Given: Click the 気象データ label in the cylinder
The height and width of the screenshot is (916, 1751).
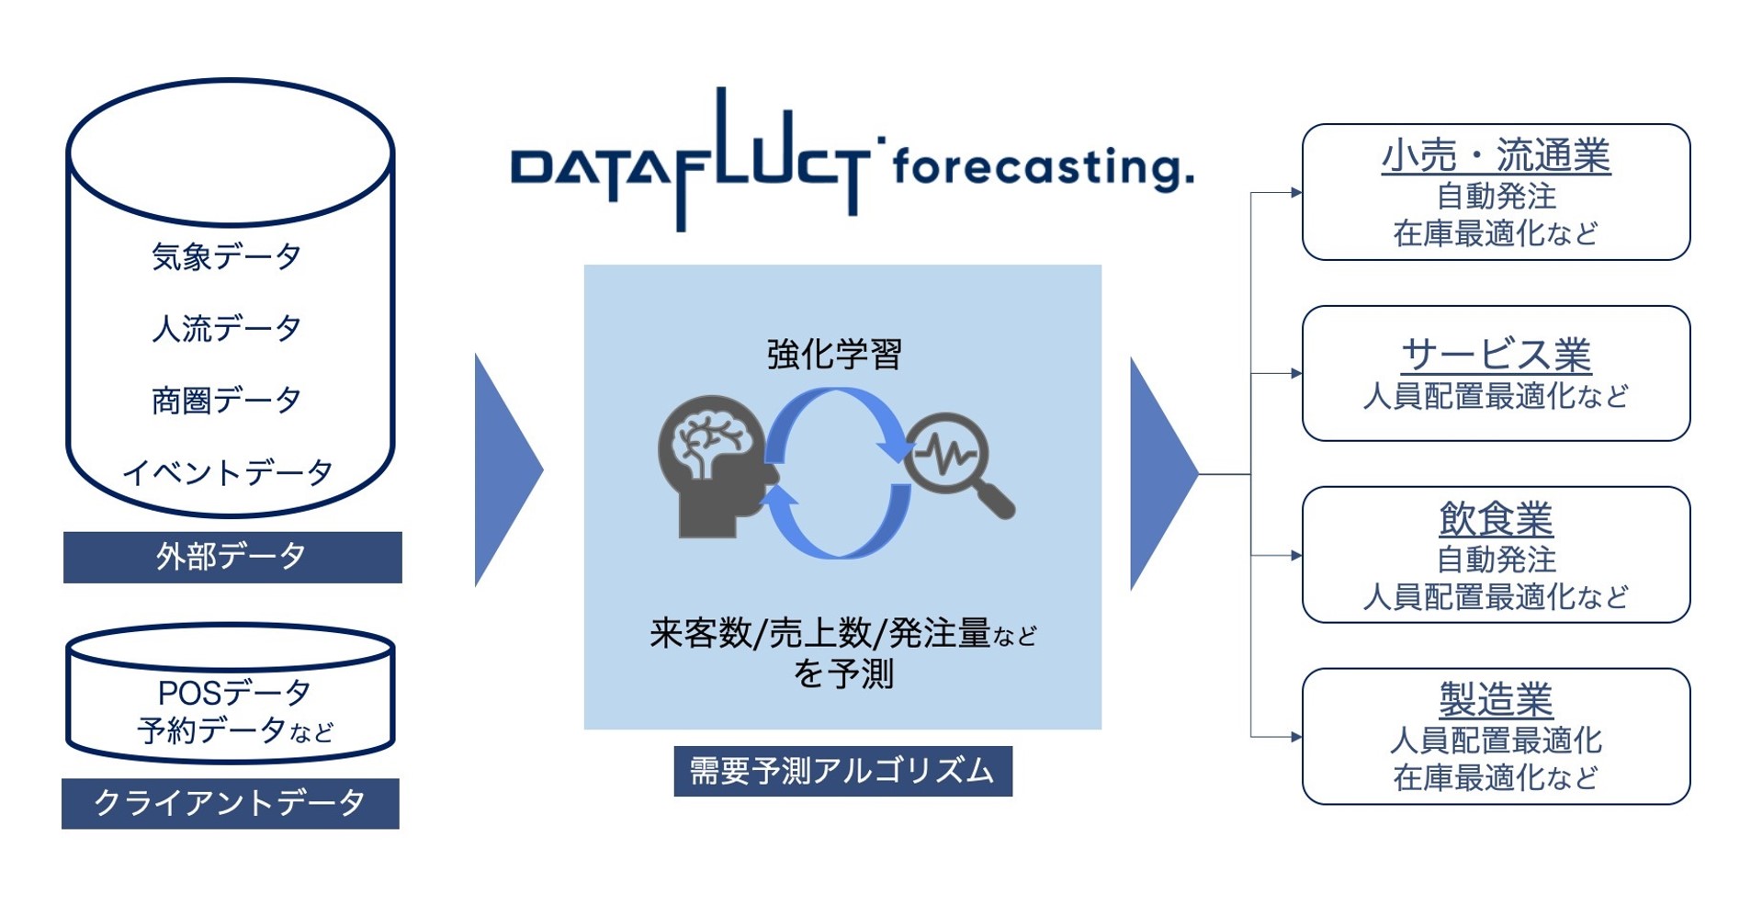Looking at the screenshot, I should pos(226,256).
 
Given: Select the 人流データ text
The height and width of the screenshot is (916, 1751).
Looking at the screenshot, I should pos(226,328).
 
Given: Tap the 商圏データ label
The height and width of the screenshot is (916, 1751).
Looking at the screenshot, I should pos(226,401).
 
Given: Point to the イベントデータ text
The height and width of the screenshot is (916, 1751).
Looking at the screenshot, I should pos(228,472).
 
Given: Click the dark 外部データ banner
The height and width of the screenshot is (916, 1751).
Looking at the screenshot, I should pos(232,557).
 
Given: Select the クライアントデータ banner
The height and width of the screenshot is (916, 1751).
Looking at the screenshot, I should pos(230,803).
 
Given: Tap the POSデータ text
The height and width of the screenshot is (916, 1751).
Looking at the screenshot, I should pos(234,691).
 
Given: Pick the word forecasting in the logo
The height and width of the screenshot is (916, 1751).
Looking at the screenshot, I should pos(1042,168).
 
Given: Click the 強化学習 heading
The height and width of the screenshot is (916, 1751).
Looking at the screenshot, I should pos(834,355).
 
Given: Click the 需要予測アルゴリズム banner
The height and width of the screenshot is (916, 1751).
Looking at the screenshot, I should pos(842,771).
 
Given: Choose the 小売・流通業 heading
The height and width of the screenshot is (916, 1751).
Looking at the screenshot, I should pos(1495,156).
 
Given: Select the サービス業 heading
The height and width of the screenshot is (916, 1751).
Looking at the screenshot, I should pos(1495,356).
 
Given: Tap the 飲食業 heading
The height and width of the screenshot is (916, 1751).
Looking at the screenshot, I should pos(1495,519).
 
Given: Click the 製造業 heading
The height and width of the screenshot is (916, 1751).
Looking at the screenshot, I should pos(1495,700).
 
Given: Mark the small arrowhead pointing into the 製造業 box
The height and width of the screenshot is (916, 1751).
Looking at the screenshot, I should pos(1295,737).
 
